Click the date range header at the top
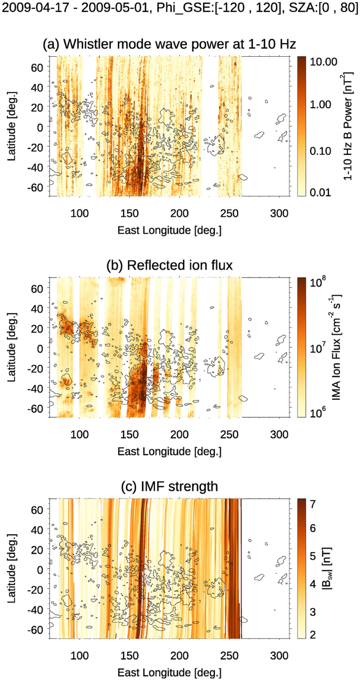click(180, 11)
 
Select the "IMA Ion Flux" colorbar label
click(348, 347)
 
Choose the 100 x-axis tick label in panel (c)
click(79, 655)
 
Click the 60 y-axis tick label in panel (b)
click(44, 288)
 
